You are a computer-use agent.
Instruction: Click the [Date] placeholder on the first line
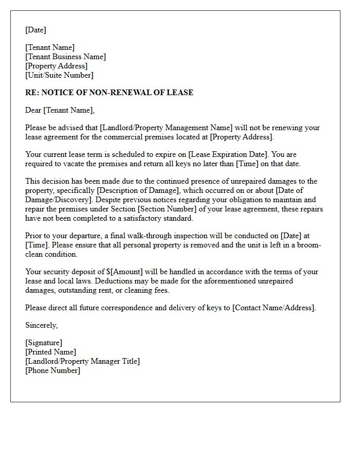coord(35,30)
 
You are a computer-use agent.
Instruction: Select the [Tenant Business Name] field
coord(65,57)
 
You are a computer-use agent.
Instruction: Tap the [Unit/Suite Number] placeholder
coord(59,75)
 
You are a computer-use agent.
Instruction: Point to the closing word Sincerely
coord(41,325)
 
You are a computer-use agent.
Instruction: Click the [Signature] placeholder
coord(44,343)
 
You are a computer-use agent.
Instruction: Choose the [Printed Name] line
coord(50,352)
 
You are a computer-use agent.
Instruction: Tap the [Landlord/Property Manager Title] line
coord(82,361)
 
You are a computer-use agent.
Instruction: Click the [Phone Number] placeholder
coord(52,370)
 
